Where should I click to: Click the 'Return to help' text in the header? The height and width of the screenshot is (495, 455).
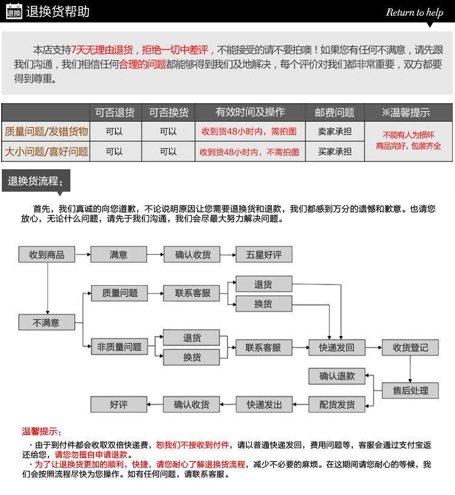click(414, 12)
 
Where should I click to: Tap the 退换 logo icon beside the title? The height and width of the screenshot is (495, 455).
click(13, 12)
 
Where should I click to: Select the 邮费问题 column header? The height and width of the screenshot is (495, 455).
click(334, 113)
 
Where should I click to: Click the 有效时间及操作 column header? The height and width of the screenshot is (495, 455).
click(250, 113)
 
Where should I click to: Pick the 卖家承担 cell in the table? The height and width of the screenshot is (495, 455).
click(334, 131)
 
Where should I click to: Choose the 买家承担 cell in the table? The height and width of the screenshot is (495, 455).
click(334, 152)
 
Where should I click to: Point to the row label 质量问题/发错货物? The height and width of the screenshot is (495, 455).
click(46, 131)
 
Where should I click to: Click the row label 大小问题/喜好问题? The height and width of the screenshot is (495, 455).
click(46, 152)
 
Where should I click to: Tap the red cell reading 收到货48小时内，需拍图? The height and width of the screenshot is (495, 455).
click(249, 131)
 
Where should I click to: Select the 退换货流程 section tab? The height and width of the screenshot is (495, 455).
click(35, 181)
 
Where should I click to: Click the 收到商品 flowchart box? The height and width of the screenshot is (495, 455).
click(47, 255)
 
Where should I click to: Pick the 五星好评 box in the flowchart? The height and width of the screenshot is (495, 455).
click(264, 255)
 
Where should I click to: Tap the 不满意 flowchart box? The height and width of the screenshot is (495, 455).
click(46, 323)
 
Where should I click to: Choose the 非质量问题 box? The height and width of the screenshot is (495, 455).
click(120, 348)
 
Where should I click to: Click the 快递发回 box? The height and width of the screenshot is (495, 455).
click(336, 348)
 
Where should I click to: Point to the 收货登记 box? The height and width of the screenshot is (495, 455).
click(410, 348)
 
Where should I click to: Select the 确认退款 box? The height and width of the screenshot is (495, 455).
click(337, 376)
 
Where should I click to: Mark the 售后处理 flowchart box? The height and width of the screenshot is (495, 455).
click(410, 391)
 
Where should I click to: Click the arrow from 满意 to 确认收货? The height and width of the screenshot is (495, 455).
click(155, 255)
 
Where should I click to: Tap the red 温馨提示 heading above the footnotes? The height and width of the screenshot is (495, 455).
click(42, 431)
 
